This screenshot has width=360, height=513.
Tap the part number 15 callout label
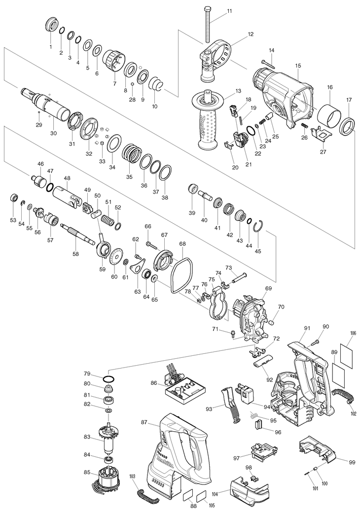tap(298, 66)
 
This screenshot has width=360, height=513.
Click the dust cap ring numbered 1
tap(51, 25)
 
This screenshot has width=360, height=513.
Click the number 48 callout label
tap(67, 178)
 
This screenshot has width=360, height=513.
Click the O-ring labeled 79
tap(109, 378)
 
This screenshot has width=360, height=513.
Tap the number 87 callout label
tap(144, 422)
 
